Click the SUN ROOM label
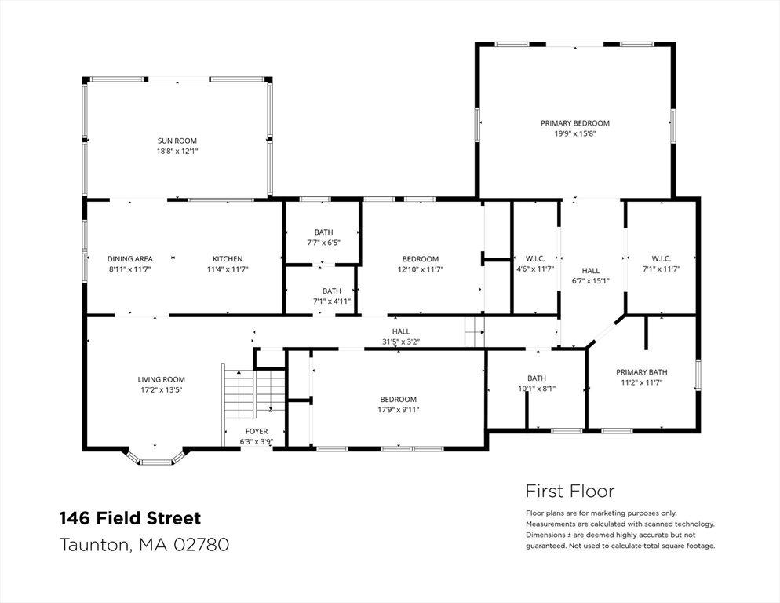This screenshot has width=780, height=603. pyautogui.click(x=177, y=141)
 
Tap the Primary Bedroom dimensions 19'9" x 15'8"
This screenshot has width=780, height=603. pyautogui.click(x=575, y=134)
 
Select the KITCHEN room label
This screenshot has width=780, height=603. pyautogui.click(x=228, y=259)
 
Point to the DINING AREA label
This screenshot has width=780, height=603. pyautogui.click(x=129, y=259)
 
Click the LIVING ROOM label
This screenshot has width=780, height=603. pyautogui.click(x=161, y=379)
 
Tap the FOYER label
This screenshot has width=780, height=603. pyautogui.click(x=256, y=431)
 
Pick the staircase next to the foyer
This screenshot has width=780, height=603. pyautogui.click(x=253, y=393)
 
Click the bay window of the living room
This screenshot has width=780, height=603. pyautogui.click(x=155, y=458)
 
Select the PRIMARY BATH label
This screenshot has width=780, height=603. pyautogui.click(x=642, y=372)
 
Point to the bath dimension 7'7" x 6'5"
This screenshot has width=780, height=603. pyautogui.click(x=323, y=243)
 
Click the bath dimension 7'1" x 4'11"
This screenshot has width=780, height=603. pyautogui.click(x=332, y=301)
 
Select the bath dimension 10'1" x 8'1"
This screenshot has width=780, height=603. pyautogui.click(x=537, y=389)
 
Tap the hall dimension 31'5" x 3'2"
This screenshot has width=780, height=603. pyautogui.click(x=401, y=342)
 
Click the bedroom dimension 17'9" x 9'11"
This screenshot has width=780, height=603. pyautogui.click(x=398, y=410)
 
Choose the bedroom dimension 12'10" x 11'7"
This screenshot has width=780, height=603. pyautogui.click(x=421, y=269)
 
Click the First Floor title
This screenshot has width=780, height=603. pyautogui.click(x=570, y=491)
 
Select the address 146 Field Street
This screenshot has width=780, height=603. pyautogui.click(x=130, y=518)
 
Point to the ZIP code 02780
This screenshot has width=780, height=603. pyautogui.click(x=201, y=544)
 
